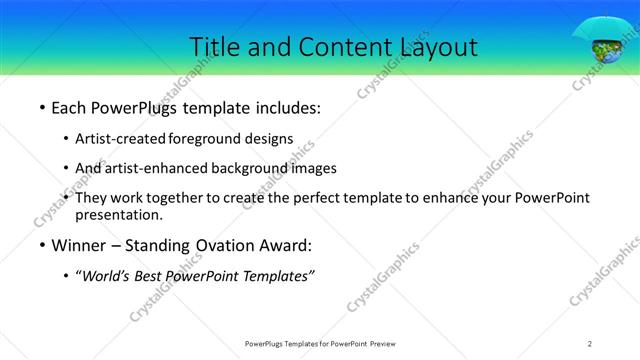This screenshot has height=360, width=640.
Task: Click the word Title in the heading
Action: [214, 46]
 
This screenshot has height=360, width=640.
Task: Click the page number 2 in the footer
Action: [590, 344]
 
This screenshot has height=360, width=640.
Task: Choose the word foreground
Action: [208, 138]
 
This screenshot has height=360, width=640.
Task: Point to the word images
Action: [310, 168]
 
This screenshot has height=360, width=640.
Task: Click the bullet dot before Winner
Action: [40, 246]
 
